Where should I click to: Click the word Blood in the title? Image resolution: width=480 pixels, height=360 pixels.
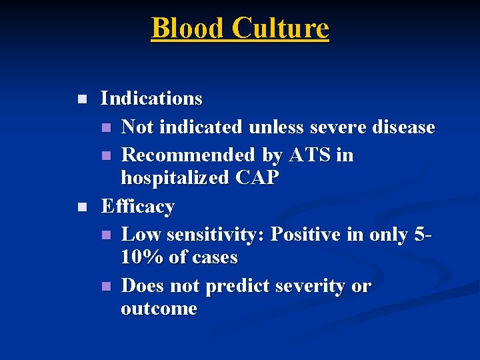tap(187, 29)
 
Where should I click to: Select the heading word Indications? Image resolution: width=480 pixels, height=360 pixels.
tap(151, 99)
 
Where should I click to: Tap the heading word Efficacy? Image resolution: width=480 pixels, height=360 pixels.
tap(137, 207)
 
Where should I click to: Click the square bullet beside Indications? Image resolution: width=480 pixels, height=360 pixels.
tap(81, 99)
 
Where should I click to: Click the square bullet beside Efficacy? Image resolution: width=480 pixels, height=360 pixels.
tap(81, 207)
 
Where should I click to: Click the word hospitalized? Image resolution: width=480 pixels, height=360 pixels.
tap(175, 178)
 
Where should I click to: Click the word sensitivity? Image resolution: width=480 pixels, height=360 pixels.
tap(213, 235)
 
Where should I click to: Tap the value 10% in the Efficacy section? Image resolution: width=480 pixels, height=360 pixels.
tap(142, 257)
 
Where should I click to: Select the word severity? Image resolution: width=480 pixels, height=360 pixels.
tap(309, 286)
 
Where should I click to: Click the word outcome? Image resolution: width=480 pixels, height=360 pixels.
tap(159, 309)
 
